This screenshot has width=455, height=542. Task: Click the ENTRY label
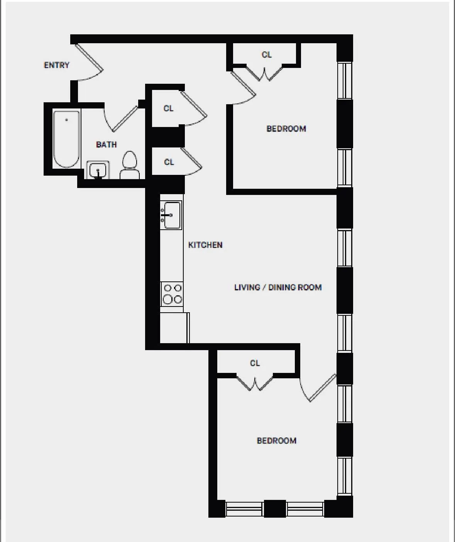[56, 65]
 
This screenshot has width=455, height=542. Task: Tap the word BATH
[106, 144]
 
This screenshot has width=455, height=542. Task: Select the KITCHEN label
[205, 245]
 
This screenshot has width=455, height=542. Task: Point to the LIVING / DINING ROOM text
[278, 287]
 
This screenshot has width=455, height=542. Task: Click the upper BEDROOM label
[286, 129]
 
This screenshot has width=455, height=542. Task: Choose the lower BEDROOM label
[276, 440]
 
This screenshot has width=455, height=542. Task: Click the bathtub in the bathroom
[67, 139]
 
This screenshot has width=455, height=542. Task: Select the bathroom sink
[98, 170]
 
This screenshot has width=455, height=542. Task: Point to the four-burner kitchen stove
[172, 294]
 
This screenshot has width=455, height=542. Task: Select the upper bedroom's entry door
[243, 85]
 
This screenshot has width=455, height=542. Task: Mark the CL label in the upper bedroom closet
[266, 55]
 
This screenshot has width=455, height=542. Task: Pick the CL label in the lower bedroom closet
[255, 363]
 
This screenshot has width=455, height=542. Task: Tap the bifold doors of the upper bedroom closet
[264, 73]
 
